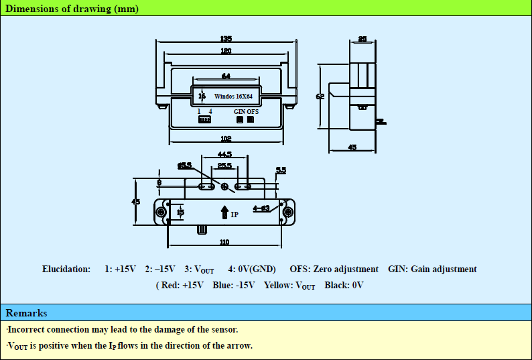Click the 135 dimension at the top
tap(226, 38)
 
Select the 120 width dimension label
tap(226, 51)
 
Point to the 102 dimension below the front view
tap(226, 139)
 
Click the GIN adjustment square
tap(239, 120)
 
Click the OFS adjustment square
tap(251, 120)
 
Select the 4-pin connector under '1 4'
tap(204, 120)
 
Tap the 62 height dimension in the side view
tap(320, 97)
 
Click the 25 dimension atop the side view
tap(362, 40)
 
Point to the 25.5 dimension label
tap(224, 166)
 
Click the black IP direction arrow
tap(224, 213)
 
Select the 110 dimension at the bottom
tap(224, 242)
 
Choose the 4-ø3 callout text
tap(261, 208)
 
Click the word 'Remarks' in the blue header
tap(27, 313)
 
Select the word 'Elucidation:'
tap(66, 269)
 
